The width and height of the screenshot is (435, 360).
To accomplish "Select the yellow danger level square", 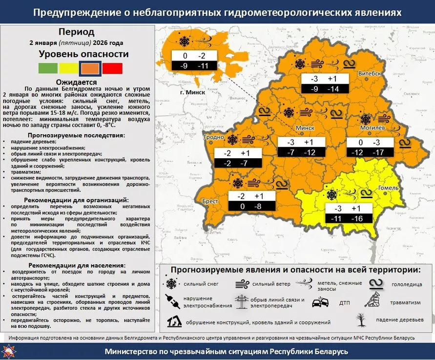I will click(68, 68).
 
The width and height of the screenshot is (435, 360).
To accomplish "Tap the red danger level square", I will click(112, 68).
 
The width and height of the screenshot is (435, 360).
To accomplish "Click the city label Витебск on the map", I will click(370, 73).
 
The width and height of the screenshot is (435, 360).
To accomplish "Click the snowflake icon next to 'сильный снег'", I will click(171, 284).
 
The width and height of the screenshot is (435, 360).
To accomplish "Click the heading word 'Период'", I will click(76, 32).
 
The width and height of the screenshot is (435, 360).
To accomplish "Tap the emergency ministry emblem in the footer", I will click(10, 351).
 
